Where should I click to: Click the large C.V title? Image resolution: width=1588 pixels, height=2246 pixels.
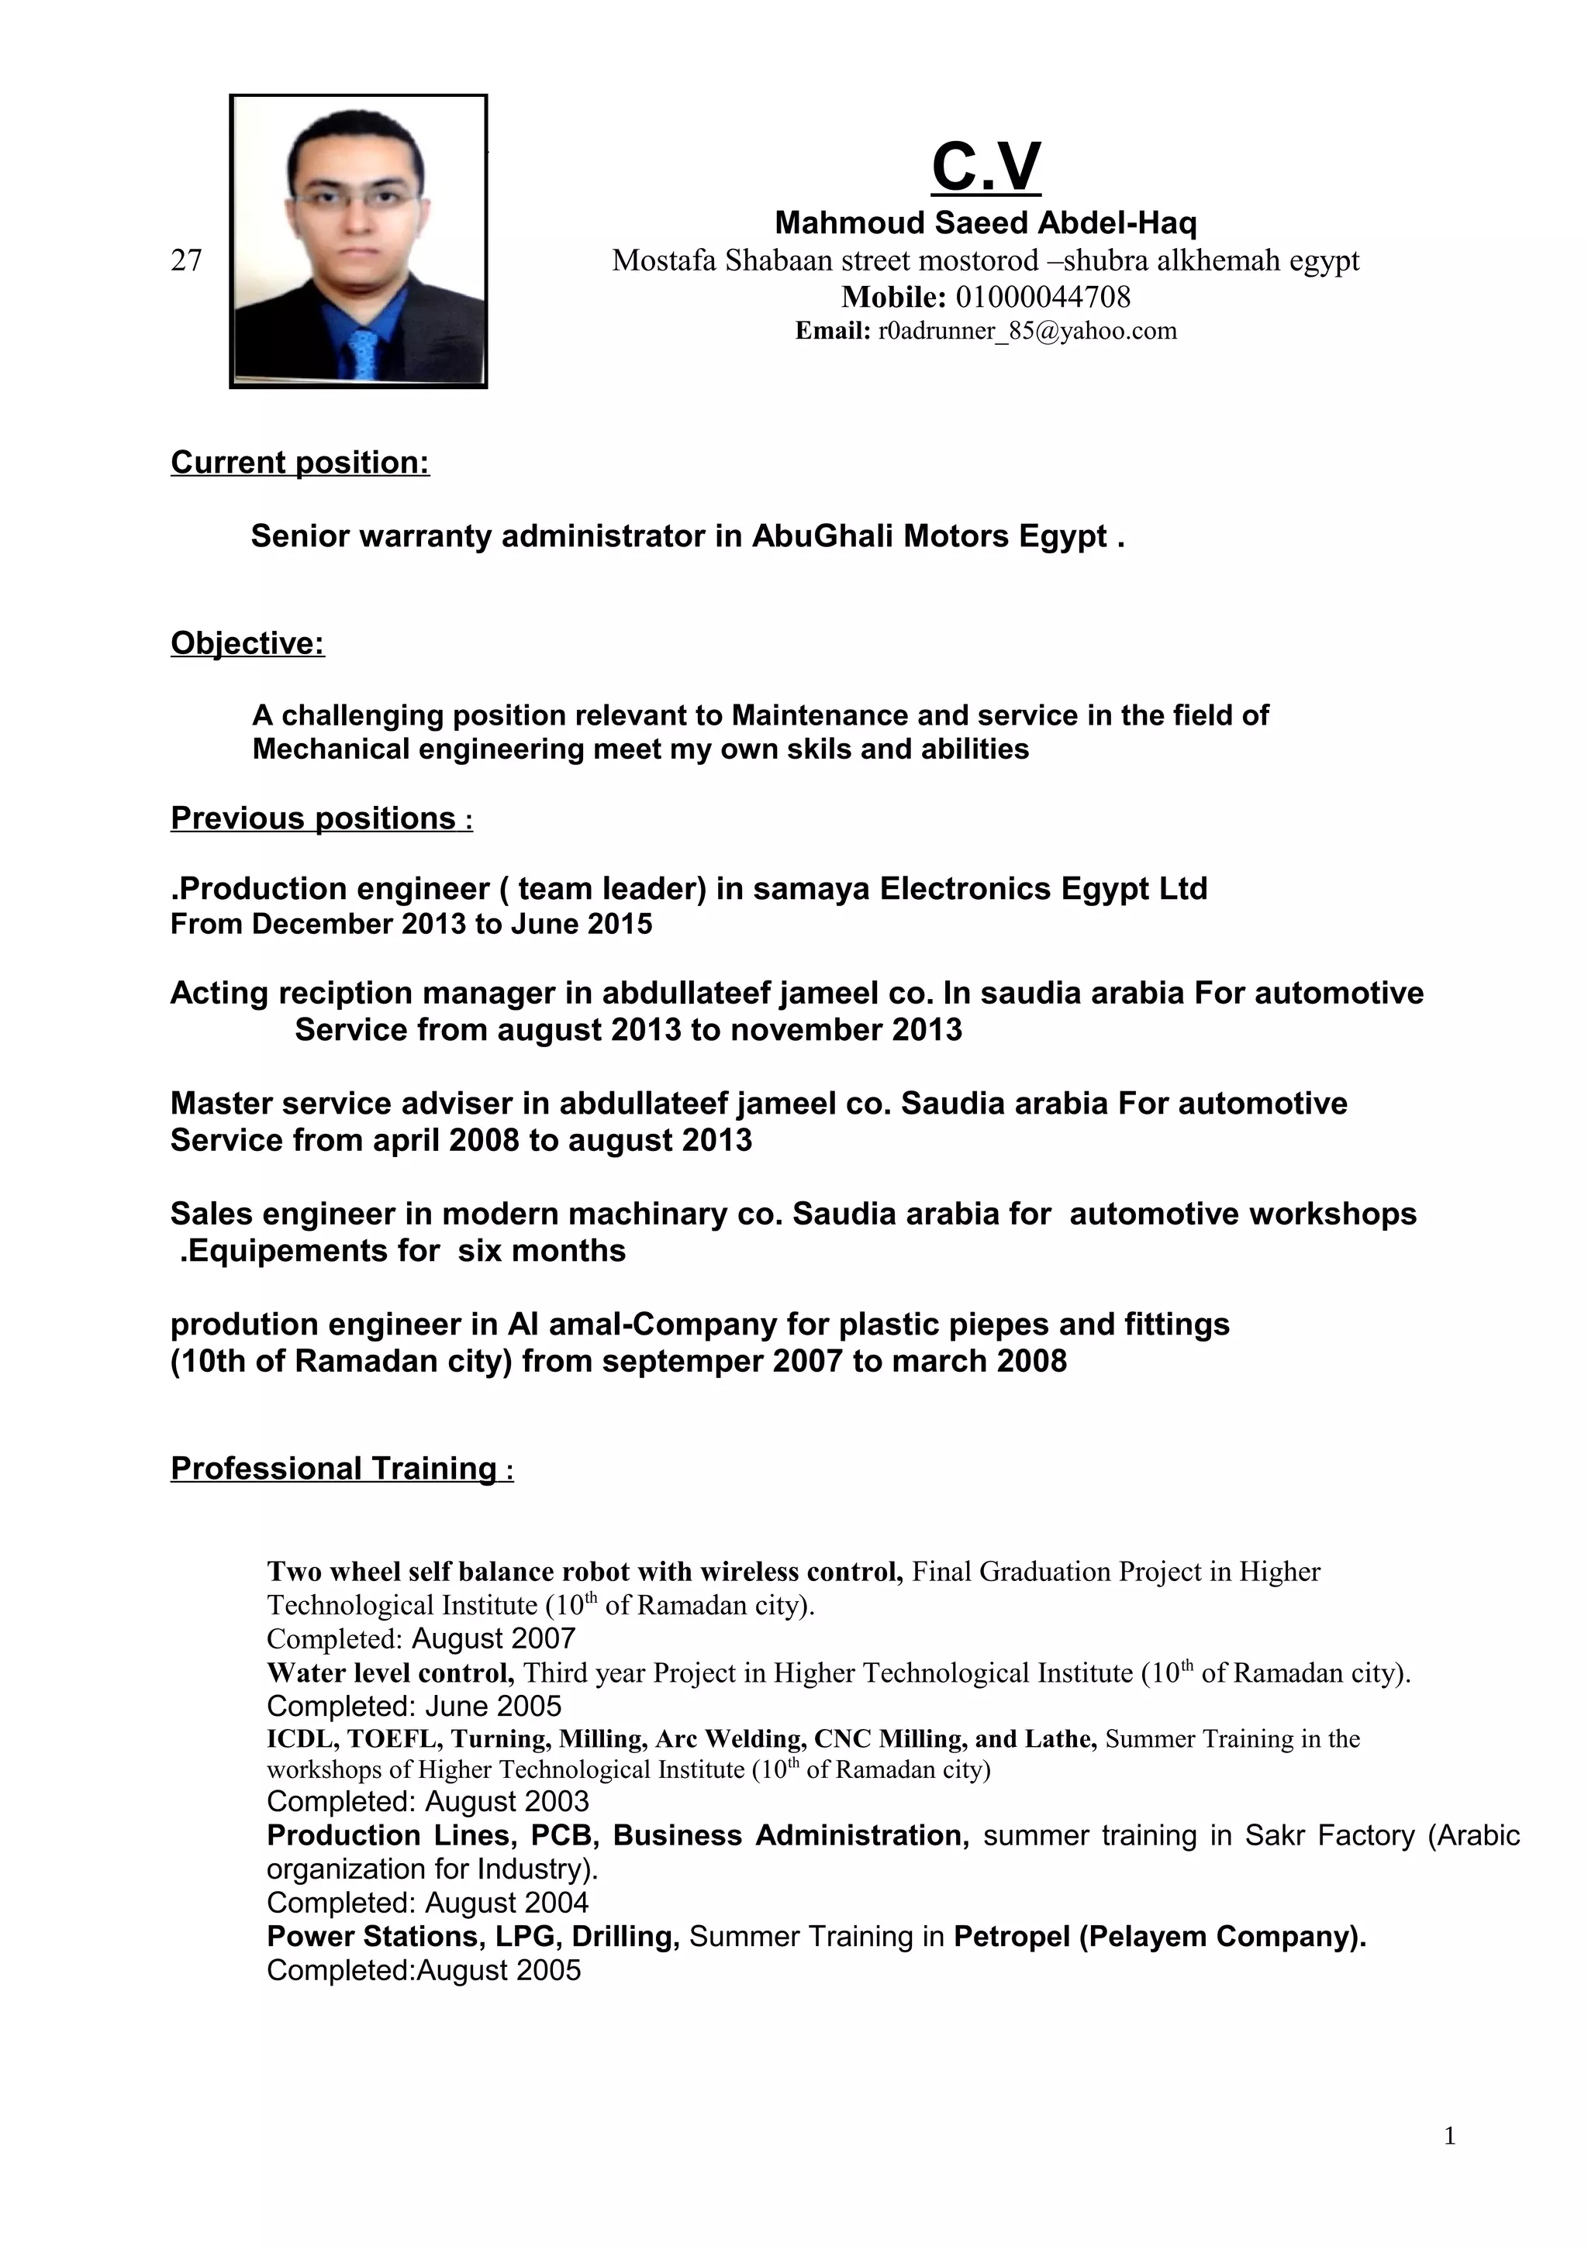(986, 167)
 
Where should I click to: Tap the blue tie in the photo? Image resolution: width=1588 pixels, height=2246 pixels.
(363, 354)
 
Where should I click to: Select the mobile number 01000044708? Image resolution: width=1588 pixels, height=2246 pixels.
(1042, 296)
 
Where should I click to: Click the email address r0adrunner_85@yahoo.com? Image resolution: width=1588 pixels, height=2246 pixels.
(1027, 331)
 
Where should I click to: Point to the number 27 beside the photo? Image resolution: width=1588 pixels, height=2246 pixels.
(186, 260)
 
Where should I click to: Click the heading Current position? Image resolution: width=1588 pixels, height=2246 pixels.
(299, 462)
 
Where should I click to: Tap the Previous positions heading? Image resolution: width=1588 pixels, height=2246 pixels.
(313, 818)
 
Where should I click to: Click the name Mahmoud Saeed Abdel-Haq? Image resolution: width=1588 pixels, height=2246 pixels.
(986, 223)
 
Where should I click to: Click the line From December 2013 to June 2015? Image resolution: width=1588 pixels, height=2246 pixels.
(411, 924)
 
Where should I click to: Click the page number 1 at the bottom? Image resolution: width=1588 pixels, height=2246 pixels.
(1449, 2163)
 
